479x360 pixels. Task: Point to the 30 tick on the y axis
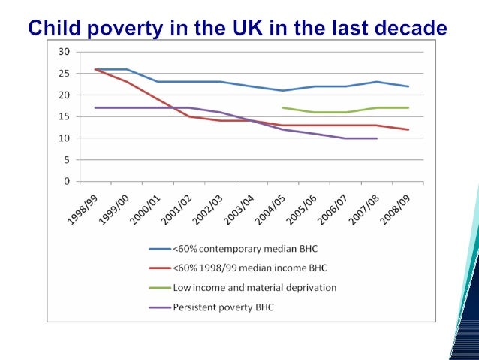[x=65, y=52]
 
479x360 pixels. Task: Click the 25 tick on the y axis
[x=65, y=74]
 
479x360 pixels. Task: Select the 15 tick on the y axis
[x=65, y=116]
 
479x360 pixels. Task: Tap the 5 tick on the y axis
[x=67, y=160]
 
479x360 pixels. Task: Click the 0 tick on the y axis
[x=67, y=182]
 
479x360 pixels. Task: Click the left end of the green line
[x=282, y=107]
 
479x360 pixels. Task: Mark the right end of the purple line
[x=376, y=138]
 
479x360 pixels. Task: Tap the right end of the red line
[x=408, y=129]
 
